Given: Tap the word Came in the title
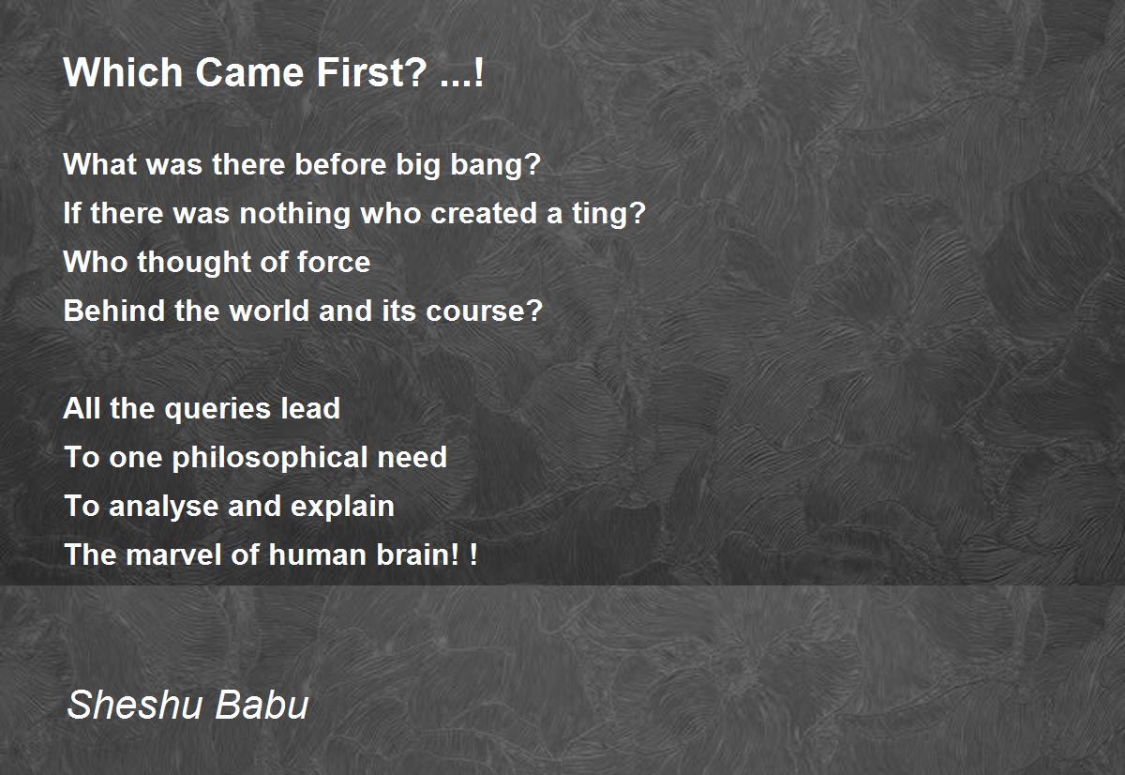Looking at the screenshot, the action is tap(250, 72).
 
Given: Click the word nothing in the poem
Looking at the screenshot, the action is tap(294, 214).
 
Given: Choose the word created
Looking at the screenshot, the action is tap(484, 213).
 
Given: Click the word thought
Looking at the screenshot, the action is tap(194, 263).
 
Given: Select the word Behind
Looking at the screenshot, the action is tap(114, 311).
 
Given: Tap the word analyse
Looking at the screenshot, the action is tap(164, 507).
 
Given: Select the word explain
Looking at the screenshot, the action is tap(342, 507).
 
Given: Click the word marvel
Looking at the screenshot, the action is tap(173, 555).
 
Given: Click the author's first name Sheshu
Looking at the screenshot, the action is tap(133, 705).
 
